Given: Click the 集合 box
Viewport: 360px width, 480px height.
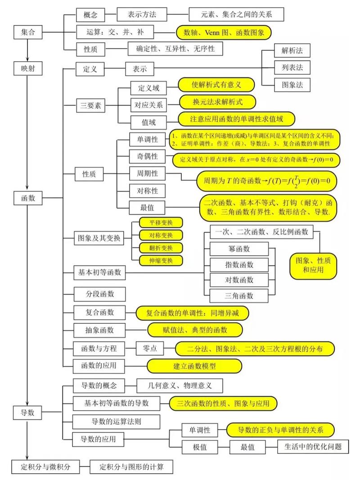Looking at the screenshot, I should tap(28, 32).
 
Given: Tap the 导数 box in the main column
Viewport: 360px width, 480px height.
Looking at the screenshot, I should tap(28, 412).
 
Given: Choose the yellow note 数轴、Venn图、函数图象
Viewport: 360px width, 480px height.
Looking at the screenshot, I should tap(224, 32).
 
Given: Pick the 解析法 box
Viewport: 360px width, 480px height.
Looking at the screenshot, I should tap(292, 50).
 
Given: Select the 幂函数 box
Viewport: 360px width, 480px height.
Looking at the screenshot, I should tap(239, 249).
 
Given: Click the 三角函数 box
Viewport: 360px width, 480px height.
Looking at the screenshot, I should tap(239, 295).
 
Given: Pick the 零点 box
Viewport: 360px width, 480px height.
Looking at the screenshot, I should tap(149, 348).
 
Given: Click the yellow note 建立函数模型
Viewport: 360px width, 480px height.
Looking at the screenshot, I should tap(194, 366).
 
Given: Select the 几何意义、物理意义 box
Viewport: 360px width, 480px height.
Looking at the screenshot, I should tap(180, 385).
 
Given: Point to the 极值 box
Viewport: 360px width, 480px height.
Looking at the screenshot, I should tap(199, 447).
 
